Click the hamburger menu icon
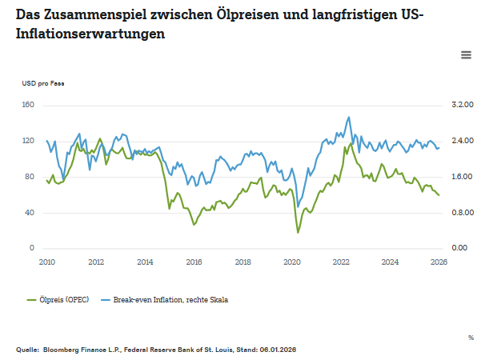click(x=466, y=54)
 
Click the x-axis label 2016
click(x=194, y=262)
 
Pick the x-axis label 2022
click(x=341, y=262)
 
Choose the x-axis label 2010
click(x=46, y=262)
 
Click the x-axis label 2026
click(x=439, y=262)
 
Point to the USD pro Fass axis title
click(x=43, y=83)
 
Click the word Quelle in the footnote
click(x=28, y=350)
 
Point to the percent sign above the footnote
click(x=471, y=338)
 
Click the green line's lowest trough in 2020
click(x=298, y=233)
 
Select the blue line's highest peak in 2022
click(x=348, y=117)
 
